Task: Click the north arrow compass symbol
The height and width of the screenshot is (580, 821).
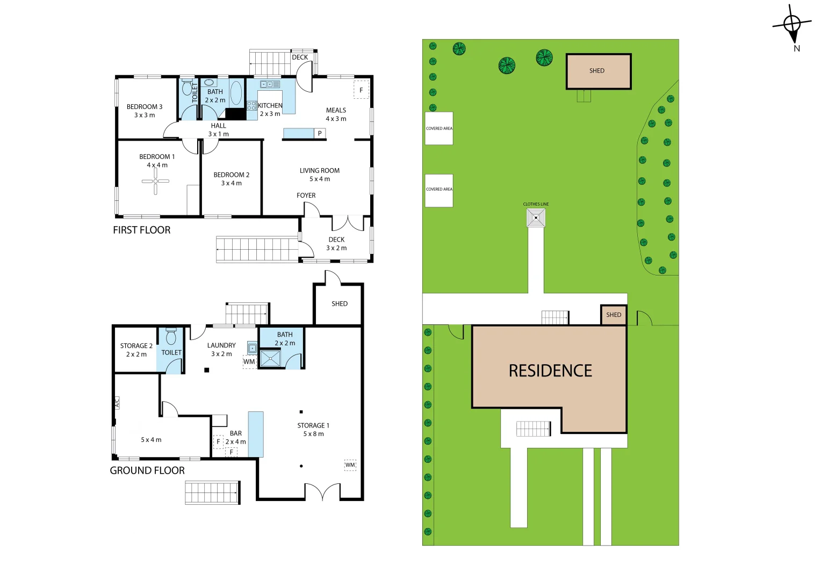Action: [x=793, y=25]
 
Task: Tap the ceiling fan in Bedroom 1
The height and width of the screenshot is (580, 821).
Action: [x=155, y=181]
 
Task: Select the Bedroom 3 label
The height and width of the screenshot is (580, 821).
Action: [x=145, y=111]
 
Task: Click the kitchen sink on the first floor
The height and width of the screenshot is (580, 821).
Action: [x=270, y=84]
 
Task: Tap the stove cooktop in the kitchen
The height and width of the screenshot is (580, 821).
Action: [x=251, y=106]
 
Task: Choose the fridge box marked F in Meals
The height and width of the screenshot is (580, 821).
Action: [x=361, y=90]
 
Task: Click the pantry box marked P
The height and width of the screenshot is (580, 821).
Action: [x=320, y=133]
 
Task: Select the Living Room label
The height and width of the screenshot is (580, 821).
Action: [x=320, y=175]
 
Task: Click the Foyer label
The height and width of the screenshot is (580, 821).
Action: [x=306, y=195]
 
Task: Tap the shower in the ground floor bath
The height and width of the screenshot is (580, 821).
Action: [x=270, y=358]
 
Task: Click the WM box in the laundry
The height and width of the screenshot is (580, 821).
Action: [x=249, y=361]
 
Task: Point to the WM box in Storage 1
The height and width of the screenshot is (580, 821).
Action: [x=350, y=465]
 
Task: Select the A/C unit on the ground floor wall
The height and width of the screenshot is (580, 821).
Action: [x=117, y=403]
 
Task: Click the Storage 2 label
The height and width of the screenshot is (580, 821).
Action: [x=136, y=350]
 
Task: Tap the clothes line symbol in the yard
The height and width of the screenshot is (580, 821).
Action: [x=536, y=218]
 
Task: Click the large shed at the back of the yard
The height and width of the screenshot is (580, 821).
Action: [x=599, y=71]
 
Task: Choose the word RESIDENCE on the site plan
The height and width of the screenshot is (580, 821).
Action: [x=550, y=371]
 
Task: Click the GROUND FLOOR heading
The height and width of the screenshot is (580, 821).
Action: [x=147, y=470]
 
